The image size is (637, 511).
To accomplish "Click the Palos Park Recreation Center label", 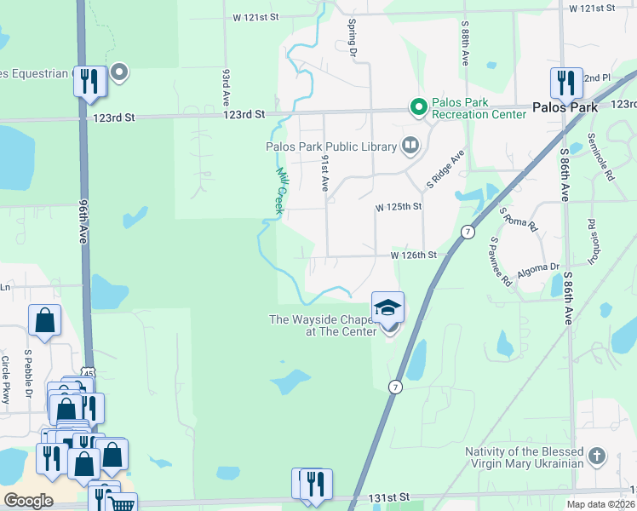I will pos(472,108).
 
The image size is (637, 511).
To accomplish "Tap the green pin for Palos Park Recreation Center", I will pos(418,107).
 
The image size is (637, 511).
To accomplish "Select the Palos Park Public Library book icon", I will pos(411,146).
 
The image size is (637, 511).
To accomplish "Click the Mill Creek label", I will pos(278,190).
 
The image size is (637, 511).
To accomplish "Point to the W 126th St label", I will pos(414,255).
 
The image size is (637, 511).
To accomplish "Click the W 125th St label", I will pos(399,207).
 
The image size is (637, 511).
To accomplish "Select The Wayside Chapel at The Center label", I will pos(323,325).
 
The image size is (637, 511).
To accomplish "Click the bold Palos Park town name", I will pos(565,108).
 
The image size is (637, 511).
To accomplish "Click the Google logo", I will pos(28,501).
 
